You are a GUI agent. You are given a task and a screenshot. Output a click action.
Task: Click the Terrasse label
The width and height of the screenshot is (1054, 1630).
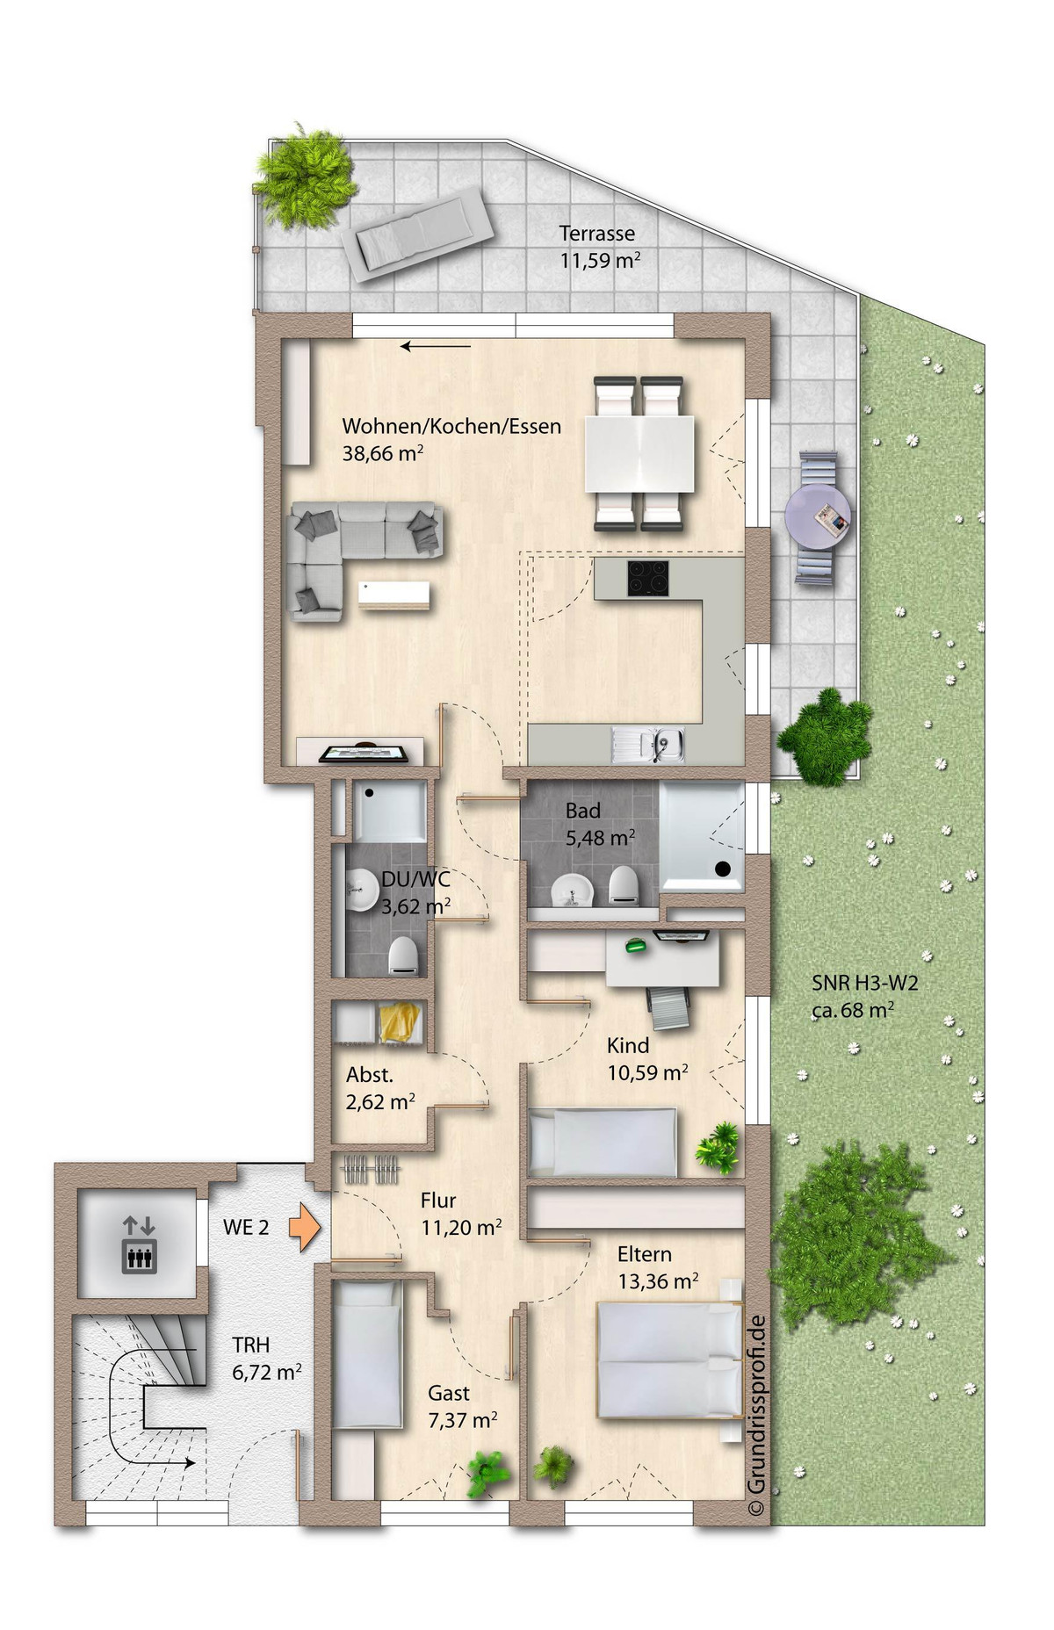pyautogui.click(x=597, y=234)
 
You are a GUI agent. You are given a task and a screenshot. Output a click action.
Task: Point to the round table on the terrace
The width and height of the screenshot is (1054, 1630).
pyautogui.click(x=818, y=516)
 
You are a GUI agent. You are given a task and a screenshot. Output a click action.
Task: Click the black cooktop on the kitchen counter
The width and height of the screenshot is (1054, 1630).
pyautogui.click(x=649, y=577)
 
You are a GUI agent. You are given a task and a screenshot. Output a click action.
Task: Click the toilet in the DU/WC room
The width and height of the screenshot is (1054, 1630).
pyautogui.click(x=403, y=955)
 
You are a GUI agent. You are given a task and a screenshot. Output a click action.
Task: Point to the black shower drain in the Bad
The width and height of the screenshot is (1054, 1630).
pyautogui.click(x=723, y=869)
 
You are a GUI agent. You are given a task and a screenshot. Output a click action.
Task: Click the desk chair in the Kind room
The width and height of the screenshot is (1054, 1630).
pyautogui.click(x=669, y=1007)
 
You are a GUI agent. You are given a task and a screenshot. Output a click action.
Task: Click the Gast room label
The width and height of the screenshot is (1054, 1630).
pyautogui.click(x=449, y=1393)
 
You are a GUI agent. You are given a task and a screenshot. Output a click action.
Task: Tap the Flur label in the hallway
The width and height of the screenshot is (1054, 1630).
pyautogui.click(x=438, y=1201)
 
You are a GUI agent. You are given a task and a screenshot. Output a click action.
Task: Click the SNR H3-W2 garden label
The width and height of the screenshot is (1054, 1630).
pyautogui.click(x=864, y=984)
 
